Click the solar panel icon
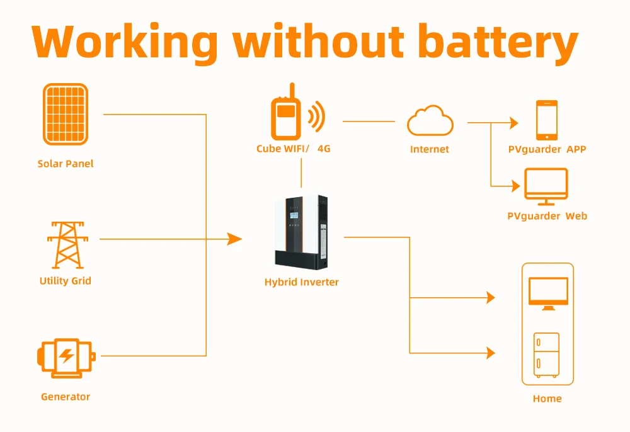pos(66,114)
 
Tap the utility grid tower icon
pos(67,245)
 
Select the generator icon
pos(66,358)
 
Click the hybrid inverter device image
pos(301,232)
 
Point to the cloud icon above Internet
pos(430,120)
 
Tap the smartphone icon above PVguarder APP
pos(547,120)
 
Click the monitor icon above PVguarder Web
pos(546,186)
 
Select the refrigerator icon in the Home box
pos(546,355)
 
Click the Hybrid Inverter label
pos(301,282)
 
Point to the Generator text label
pos(66,397)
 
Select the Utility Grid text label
pos(66,281)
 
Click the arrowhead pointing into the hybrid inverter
pos(234,239)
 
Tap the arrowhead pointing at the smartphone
pos(514,122)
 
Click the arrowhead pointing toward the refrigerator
pos(491,353)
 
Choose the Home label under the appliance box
pos(547,399)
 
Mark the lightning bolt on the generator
pos(66,356)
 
